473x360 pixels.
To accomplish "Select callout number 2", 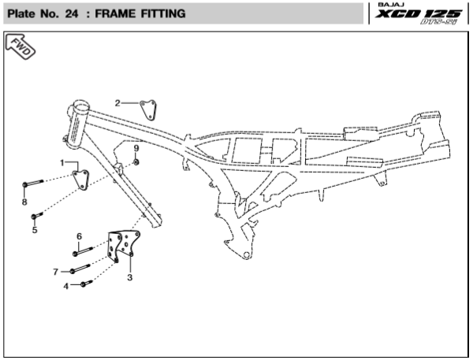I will pos(117,103).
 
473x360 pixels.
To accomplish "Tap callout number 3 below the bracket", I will pos(129,277).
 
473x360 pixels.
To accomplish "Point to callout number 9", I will pos(136,147).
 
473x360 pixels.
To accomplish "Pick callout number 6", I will pos(79,236).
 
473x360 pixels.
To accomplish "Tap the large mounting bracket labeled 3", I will pos(125,246).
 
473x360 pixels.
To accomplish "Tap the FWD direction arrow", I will pos(21,49).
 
